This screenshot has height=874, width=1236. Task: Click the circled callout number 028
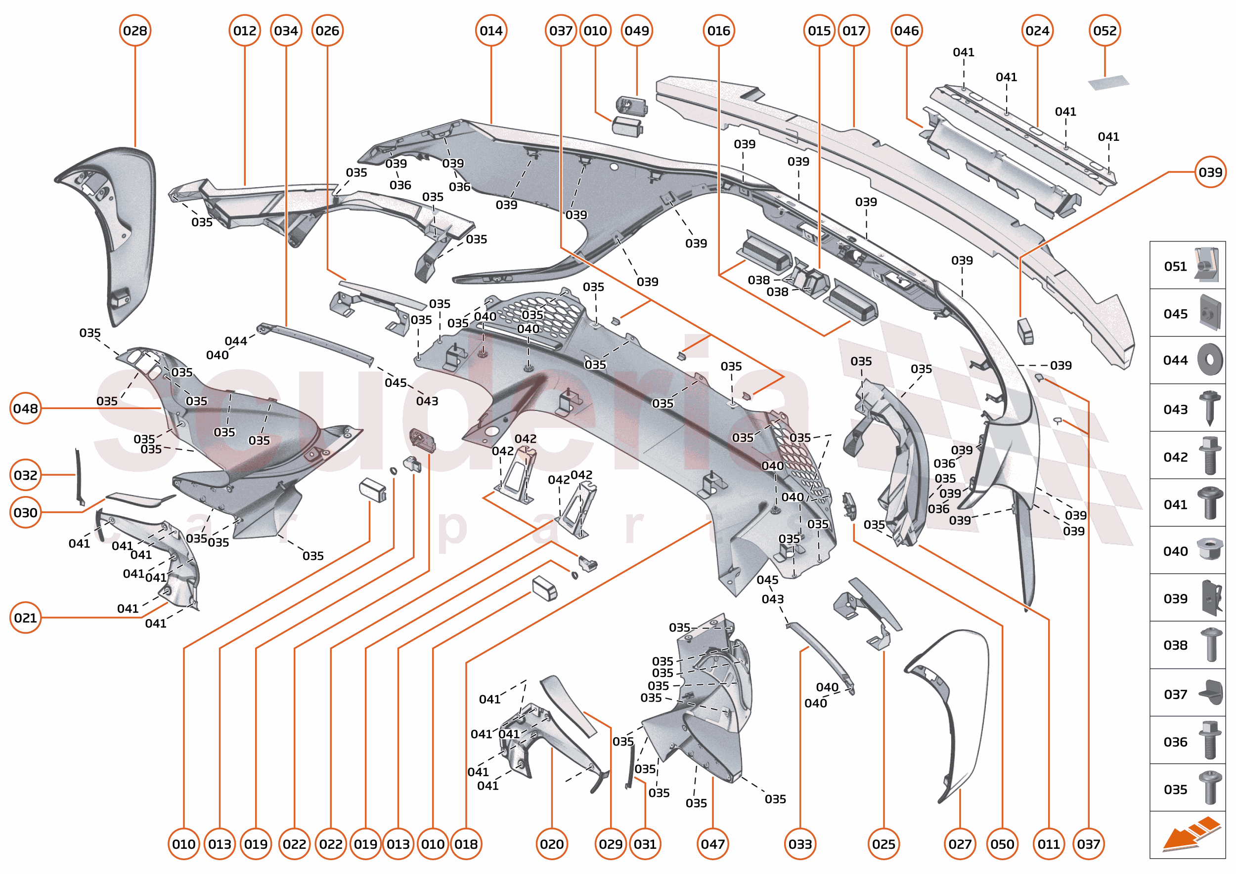[134, 31]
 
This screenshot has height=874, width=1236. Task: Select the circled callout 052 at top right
[1104, 31]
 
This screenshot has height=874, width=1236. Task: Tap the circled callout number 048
[25, 409]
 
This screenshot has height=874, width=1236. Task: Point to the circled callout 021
[25, 618]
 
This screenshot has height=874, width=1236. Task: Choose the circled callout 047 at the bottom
[712, 844]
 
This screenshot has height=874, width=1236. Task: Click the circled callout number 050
[1002, 844]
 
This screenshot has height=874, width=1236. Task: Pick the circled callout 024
[1037, 31]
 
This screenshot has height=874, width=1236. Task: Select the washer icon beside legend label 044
[1210, 360]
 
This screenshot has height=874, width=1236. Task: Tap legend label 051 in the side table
[1175, 266]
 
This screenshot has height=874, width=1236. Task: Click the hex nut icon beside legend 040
[1210, 549]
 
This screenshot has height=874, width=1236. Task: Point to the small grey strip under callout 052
[1108, 83]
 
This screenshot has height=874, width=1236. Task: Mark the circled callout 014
[491, 31]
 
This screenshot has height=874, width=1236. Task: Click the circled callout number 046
[906, 31]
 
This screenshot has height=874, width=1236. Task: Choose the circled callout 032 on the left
[25, 475]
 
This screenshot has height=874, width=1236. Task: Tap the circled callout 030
[25, 512]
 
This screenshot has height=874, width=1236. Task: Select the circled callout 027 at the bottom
[960, 844]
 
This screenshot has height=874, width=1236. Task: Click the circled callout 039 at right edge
[1210, 172]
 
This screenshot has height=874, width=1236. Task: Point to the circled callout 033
[800, 844]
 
